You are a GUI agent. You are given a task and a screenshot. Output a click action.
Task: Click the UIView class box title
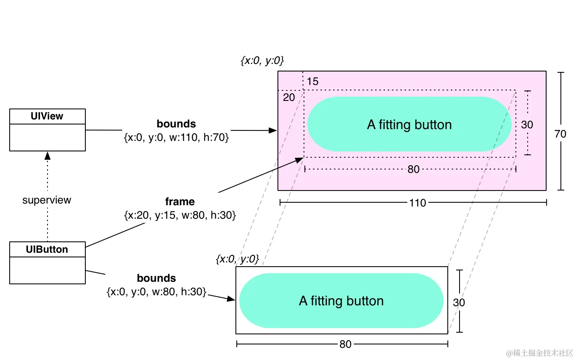pyautogui.click(x=47, y=116)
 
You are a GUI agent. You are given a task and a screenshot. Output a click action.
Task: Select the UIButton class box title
pyautogui.click(x=47, y=249)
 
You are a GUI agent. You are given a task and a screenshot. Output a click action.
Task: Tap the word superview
pyautogui.click(x=47, y=200)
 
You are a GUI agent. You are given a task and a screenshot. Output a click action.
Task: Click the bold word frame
pyautogui.click(x=180, y=202)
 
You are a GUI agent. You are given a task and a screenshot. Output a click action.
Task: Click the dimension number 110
pyautogui.click(x=417, y=203)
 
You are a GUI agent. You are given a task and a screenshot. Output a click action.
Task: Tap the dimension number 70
pyautogui.click(x=560, y=134)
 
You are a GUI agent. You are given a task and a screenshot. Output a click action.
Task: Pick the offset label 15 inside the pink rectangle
pyautogui.click(x=312, y=82)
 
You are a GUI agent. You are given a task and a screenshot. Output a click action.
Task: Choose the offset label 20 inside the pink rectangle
pyautogui.click(x=289, y=98)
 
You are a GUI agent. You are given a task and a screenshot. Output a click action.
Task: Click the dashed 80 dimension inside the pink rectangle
pyautogui.click(x=413, y=169)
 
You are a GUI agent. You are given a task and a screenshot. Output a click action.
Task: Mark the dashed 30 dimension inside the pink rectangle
pyautogui.click(x=527, y=125)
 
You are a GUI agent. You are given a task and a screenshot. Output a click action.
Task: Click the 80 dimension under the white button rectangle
pyautogui.click(x=345, y=344)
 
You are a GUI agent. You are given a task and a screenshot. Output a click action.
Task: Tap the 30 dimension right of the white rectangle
pyautogui.click(x=459, y=303)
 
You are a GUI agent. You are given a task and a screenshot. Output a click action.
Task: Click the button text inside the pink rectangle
pyautogui.click(x=409, y=125)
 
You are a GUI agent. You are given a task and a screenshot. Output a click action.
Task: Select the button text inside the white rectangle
pyautogui.click(x=341, y=301)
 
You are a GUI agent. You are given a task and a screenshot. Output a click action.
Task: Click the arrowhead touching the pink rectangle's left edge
pyautogui.click(x=273, y=131)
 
